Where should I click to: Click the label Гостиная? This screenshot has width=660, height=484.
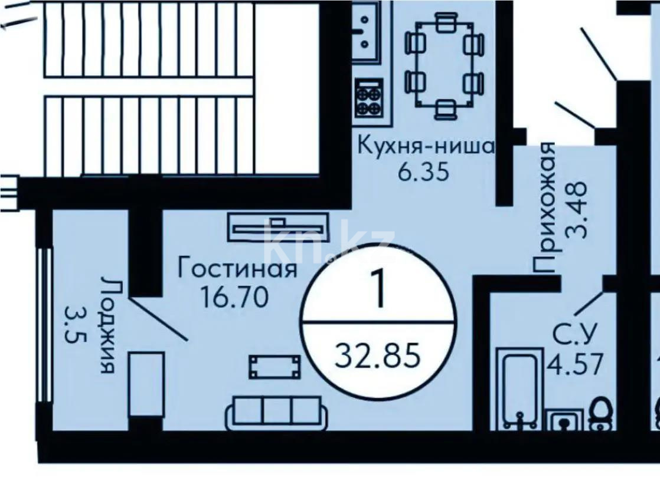coord(237,270)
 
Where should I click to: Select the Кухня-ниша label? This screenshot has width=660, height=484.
coord(426,145)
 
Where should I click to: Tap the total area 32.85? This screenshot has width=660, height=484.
coord(378,355)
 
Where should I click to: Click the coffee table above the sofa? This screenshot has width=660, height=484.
coord(275,367)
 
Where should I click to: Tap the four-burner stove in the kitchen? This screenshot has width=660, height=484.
coord(370,98)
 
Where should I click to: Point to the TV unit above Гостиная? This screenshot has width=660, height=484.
coord(277,226)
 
